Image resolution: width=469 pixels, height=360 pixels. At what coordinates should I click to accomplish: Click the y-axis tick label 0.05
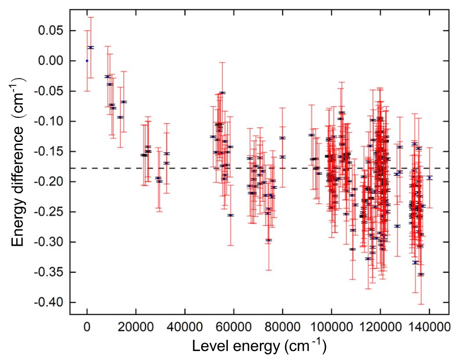[51, 31]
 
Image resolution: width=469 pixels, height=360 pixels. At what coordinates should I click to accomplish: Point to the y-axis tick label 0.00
[51, 61]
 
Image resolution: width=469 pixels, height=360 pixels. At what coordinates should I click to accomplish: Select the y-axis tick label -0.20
[49, 181]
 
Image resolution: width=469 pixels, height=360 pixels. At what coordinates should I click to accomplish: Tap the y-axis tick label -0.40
[49, 302]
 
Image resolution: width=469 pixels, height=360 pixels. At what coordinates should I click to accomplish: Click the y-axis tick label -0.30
[49, 242]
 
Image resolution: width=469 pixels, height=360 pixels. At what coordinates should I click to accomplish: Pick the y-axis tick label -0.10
[49, 121]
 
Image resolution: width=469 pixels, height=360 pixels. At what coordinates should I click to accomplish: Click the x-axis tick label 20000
[136, 326]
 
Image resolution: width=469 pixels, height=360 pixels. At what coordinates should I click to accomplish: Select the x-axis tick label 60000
[234, 326]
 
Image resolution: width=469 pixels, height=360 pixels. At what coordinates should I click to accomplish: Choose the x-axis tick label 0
[87, 326]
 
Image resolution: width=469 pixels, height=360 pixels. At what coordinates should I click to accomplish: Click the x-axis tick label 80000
[283, 326]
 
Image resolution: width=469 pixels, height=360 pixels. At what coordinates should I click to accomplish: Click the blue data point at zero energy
[87, 61]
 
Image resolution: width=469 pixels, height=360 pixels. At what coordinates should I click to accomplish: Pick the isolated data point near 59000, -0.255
[230, 215]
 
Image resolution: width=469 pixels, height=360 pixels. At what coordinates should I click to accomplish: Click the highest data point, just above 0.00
[91, 47]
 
